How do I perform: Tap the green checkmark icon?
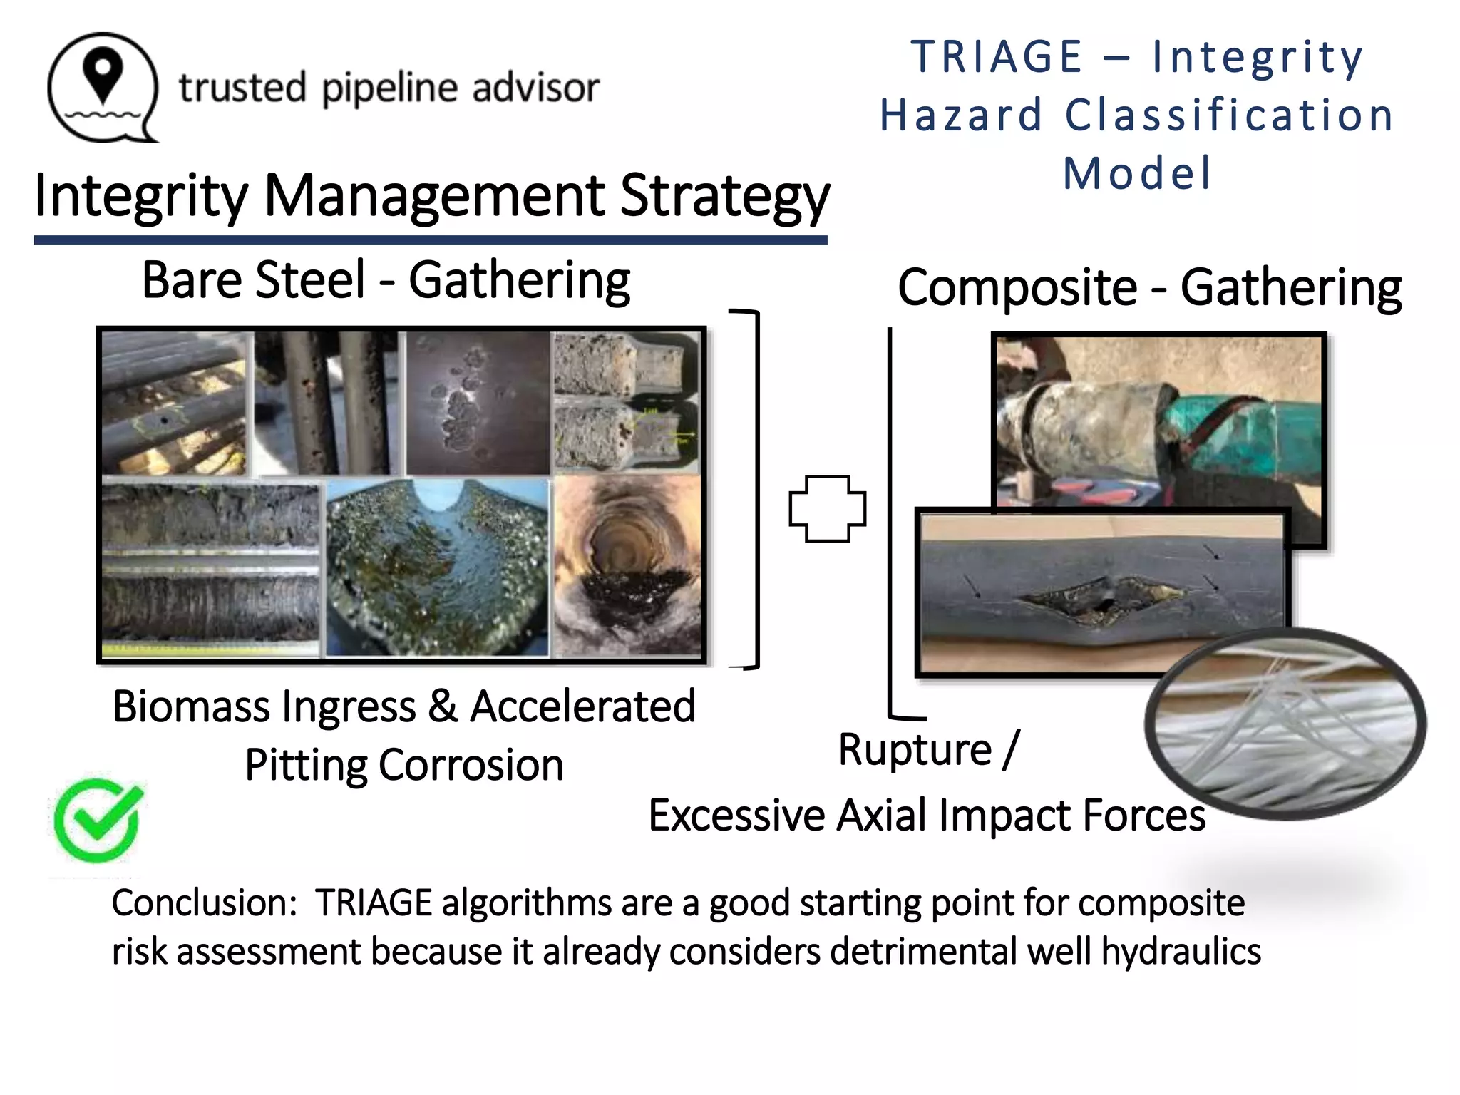pyautogui.click(x=98, y=820)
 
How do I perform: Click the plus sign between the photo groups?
pyautogui.click(x=827, y=509)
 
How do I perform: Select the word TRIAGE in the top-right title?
pyautogui.click(x=997, y=57)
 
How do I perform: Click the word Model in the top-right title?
pyautogui.click(x=1137, y=173)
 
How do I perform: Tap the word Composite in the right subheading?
pyautogui.click(x=1017, y=288)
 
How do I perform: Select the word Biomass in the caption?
pyautogui.click(x=192, y=706)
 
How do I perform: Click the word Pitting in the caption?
pyautogui.click(x=306, y=766)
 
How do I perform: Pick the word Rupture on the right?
pyautogui.click(x=915, y=750)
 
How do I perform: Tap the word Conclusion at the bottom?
pyautogui.click(x=203, y=903)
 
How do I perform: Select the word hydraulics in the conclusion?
pyautogui.click(x=1181, y=952)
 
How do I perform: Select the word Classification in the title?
pyautogui.click(x=1229, y=115)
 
